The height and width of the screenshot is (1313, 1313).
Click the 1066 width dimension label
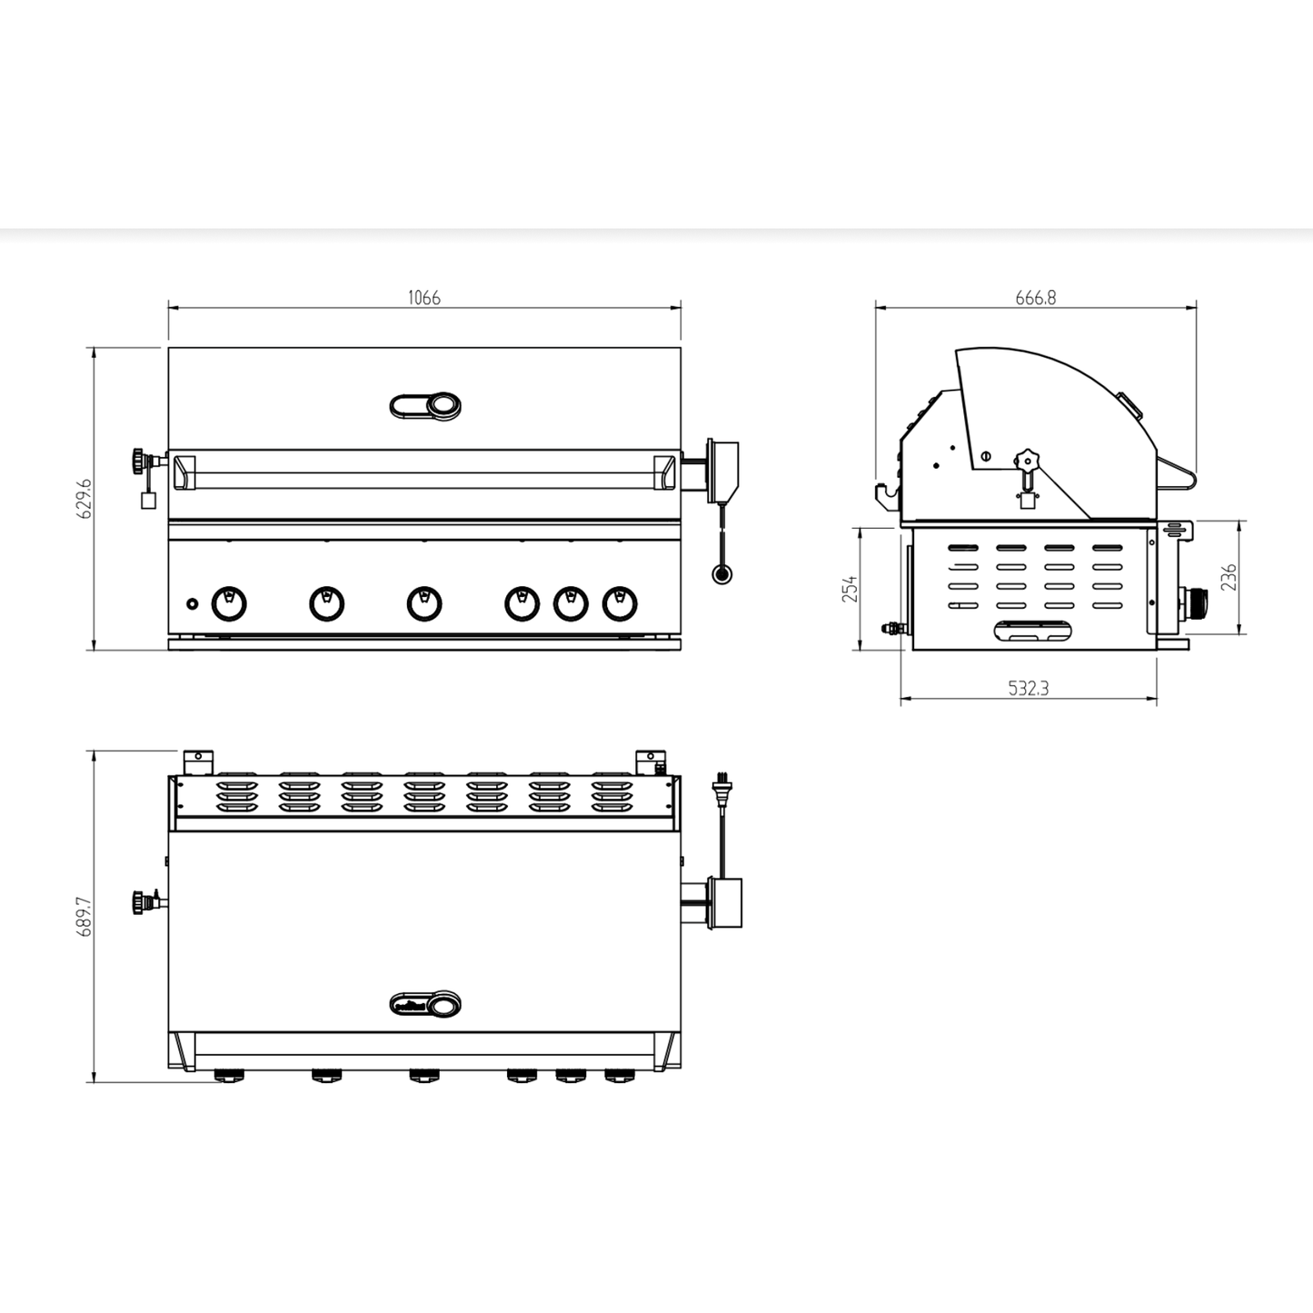click(423, 298)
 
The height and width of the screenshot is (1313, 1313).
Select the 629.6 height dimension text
click(85, 499)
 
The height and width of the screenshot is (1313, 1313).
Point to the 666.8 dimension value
click(1035, 298)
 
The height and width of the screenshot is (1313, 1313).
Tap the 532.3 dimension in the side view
click(1029, 689)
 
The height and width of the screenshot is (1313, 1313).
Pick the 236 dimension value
click(1228, 578)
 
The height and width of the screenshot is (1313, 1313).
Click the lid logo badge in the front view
click(425, 406)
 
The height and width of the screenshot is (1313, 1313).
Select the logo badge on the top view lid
click(425, 1004)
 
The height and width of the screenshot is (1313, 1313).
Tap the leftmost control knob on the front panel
click(228, 603)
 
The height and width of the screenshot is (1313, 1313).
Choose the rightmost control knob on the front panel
click(620, 603)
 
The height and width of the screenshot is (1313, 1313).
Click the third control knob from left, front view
click(424, 603)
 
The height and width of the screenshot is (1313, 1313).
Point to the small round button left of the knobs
click(192, 603)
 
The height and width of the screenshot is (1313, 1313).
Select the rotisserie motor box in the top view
click(724, 903)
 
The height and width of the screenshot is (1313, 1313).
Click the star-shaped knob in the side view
click(1026, 459)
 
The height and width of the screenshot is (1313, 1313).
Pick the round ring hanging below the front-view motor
click(722, 573)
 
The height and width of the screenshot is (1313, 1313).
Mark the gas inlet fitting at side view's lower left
click(892, 627)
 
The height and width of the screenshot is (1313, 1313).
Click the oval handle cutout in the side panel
click(1033, 632)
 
